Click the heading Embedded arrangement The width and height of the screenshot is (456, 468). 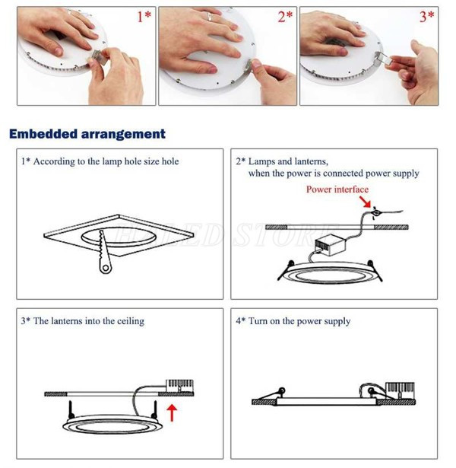pos(87,134)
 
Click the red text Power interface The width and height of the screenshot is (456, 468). pos(337,189)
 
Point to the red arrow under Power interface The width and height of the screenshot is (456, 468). pos(369,203)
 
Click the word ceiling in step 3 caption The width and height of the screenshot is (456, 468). pos(126,321)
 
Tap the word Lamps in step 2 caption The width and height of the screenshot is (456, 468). pos(262,161)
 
